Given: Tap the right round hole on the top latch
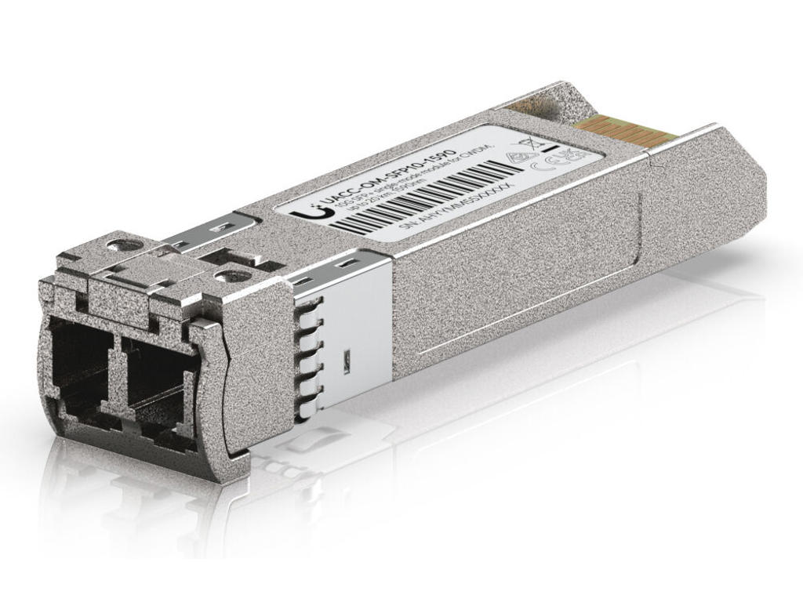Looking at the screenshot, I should (x=231, y=276).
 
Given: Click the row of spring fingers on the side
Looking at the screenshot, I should (x=307, y=357).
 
